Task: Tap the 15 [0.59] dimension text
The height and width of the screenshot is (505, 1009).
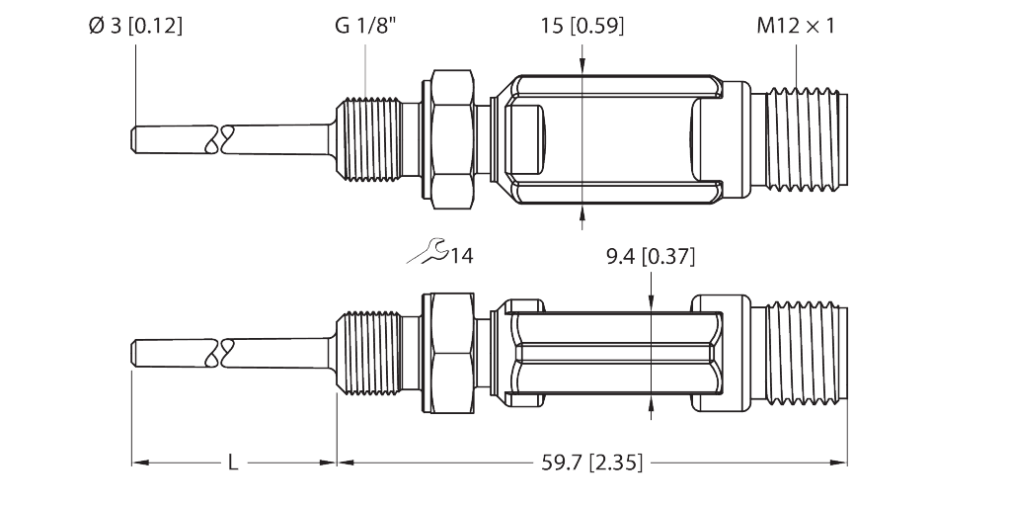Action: (x=582, y=27)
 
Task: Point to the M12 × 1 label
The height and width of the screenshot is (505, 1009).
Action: (x=796, y=27)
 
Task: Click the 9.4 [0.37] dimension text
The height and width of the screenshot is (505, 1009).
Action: (x=650, y=259)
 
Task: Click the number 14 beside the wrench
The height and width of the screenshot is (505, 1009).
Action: (x=462, y=257)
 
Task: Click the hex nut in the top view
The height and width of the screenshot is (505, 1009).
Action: (x=452, y=139)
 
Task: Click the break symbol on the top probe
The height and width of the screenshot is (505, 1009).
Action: (x=218, y=139)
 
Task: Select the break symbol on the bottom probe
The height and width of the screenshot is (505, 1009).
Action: (x=218, y=352)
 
